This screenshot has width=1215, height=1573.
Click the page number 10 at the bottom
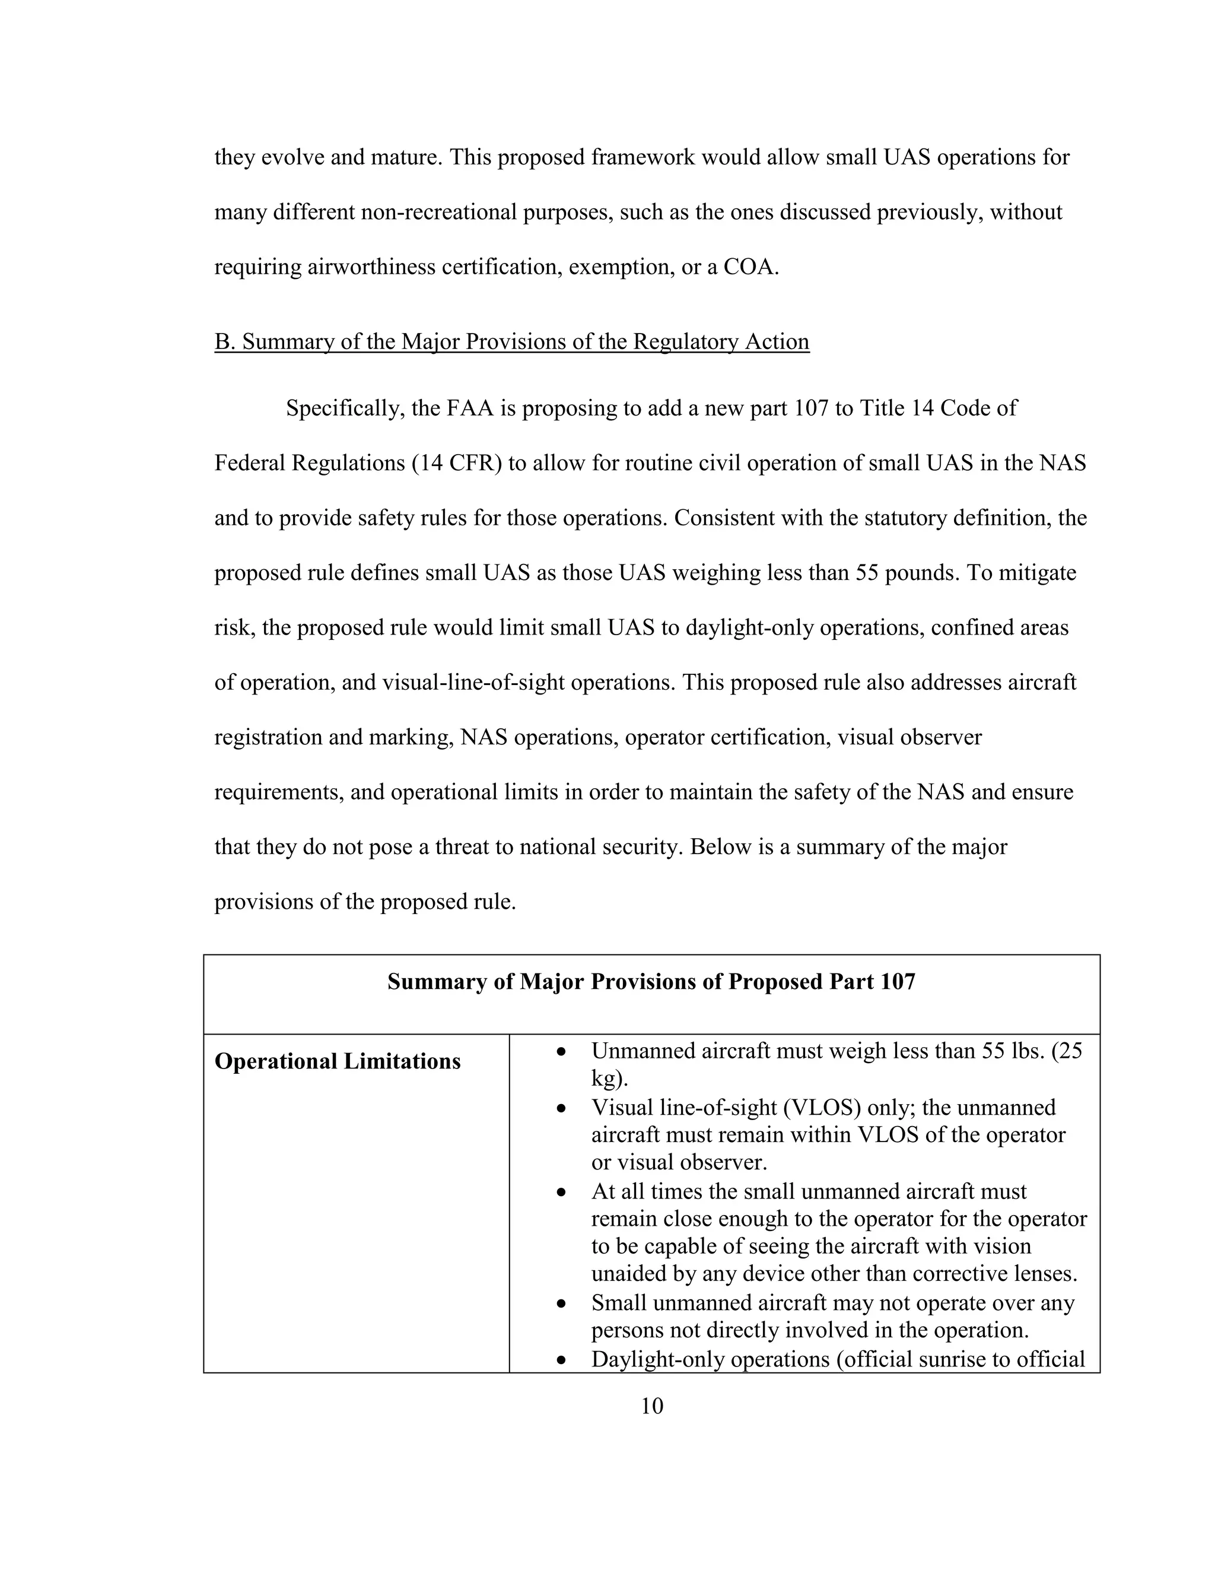tap(651, 1406)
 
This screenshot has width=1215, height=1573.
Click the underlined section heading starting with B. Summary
tap(512, 341)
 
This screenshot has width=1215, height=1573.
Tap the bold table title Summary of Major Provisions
tap(651, 982)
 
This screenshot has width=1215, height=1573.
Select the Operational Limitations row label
tap(338, 1062)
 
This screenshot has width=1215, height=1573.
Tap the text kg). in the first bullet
tap(609, 1079)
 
